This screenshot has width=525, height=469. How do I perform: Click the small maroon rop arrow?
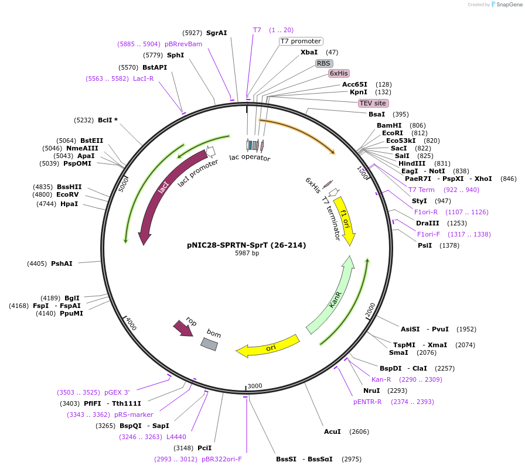183,328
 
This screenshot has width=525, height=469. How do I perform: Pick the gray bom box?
209,344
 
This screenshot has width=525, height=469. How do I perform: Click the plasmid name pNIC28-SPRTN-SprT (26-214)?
247,245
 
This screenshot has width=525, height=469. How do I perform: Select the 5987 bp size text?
247,253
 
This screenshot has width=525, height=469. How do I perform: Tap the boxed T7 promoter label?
301,41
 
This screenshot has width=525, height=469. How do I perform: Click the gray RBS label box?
324,63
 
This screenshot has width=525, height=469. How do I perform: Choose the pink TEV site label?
373,103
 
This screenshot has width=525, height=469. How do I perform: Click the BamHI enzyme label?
389,125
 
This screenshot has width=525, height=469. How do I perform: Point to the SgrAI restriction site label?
217,33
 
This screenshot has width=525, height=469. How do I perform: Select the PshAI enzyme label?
62,263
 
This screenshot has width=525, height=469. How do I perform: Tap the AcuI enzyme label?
332,432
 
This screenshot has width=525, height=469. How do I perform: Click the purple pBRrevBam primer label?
183,44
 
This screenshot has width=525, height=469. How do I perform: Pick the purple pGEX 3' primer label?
117,392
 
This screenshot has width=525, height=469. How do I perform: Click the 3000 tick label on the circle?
255,386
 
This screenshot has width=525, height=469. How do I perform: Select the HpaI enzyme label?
69,204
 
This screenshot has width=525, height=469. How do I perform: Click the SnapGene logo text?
509,4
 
